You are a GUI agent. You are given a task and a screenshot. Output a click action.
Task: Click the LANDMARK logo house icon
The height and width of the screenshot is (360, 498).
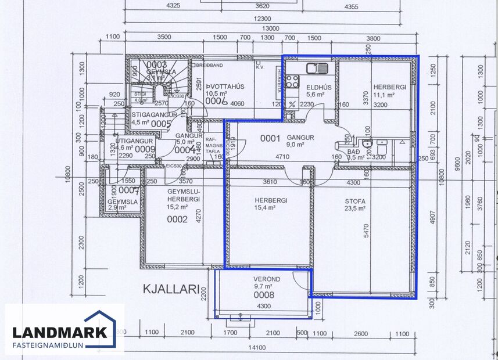point(100,329)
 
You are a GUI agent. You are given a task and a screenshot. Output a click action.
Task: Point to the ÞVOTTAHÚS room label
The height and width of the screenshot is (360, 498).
point(219,87)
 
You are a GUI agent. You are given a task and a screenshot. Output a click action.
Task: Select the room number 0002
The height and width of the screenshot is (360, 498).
point(177,219)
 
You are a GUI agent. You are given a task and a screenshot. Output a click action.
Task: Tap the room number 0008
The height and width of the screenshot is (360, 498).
point(263,295)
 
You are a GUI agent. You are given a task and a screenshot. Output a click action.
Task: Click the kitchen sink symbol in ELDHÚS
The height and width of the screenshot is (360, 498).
point(317,68)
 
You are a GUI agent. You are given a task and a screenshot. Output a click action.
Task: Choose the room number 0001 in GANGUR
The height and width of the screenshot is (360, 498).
point(270,138)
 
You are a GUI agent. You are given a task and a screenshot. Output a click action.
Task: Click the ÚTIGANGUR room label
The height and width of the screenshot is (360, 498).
point(134,141)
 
